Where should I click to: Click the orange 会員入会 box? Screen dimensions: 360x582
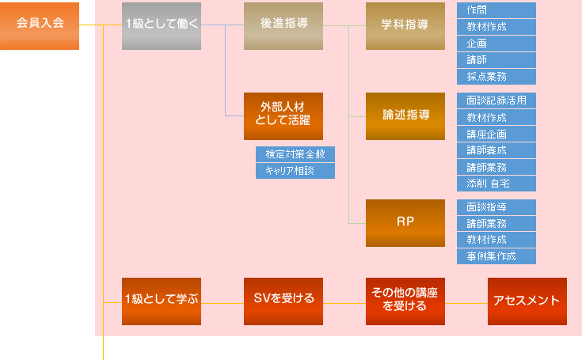point(40,26)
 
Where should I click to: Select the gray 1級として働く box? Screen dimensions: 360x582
point(162,26)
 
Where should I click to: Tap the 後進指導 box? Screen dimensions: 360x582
point(283,26)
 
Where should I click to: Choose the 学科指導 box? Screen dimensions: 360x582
point(405,26)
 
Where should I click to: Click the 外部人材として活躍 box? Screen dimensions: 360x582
point(283,116)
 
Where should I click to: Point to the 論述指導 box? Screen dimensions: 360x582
point(405,116)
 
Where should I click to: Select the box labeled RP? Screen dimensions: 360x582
point(405,222)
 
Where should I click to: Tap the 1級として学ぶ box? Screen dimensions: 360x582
point(162,301)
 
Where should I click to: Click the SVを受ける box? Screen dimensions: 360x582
point(283,301)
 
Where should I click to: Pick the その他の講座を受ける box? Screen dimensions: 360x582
point(405,301)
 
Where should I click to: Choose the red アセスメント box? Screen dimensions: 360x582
point(527,301)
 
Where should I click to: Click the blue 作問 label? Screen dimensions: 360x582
point(496,10)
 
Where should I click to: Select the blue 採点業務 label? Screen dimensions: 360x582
point(496,77)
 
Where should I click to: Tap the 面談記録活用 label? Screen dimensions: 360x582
point(496,100)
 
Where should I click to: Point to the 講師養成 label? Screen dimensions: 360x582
point(496,150)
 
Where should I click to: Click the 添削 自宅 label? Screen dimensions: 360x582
point(496,184)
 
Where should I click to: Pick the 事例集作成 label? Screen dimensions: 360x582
point(496,256)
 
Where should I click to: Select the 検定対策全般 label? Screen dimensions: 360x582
point(295,154)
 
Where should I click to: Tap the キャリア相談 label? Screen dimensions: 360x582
point(295,171)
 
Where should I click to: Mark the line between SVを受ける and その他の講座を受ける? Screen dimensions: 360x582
point(344,301)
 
